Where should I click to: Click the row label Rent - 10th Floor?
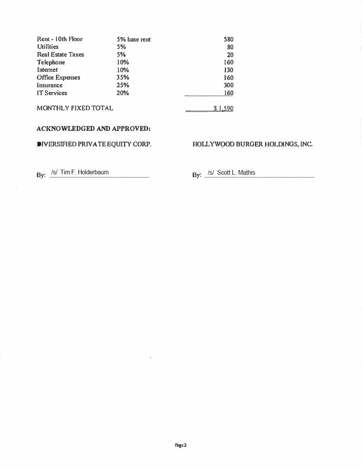(60, 39)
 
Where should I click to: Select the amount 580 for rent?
(228, 39)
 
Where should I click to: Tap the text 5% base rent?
(133, 40)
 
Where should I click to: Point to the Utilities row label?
(48, 47)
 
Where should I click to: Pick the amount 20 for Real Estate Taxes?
(230, 55)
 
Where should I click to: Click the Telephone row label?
(51, 63)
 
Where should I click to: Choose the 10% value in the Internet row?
(122, 70)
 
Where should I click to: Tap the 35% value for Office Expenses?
(122, 78)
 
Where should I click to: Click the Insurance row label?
(50, 85)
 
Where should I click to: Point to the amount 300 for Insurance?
(228, 85)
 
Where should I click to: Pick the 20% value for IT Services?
(122, 93)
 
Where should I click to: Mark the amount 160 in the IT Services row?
(228, 93)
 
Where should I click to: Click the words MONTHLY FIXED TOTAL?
(75, 108)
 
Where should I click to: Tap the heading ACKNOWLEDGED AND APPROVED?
(93, 129)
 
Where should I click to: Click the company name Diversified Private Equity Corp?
(94, 144)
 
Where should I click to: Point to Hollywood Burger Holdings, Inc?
(252, 144)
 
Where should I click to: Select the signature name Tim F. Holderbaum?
(84, 172)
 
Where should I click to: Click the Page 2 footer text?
(181, 445)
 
